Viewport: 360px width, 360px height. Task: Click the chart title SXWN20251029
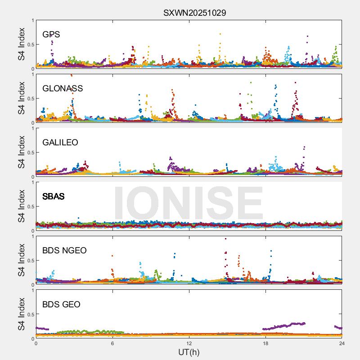(194, 13)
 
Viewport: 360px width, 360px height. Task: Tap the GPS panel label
(51, 35)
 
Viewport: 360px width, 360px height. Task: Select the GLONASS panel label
(63, 89)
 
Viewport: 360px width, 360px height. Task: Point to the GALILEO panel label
(60, 143)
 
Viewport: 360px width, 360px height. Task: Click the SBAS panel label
(53, 197)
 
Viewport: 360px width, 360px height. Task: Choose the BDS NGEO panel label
(64, 251)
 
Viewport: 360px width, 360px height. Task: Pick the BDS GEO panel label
(61, 305)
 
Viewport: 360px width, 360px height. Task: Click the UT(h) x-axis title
(189, 352)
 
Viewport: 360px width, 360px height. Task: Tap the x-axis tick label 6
(112, 343)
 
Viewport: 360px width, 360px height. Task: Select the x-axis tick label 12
(189, 343)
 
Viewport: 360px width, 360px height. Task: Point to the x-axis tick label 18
(265, 343)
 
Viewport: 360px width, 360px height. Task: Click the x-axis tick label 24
(342, 343)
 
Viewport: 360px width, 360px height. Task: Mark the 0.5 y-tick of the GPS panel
(30, 45)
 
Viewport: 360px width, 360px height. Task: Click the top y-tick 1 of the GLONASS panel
(32, 75)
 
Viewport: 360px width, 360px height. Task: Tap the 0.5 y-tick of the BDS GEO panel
(30, 315)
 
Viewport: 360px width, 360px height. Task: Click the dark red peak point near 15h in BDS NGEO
(225, 238)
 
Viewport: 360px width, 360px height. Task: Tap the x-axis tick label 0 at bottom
(36, 343)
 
